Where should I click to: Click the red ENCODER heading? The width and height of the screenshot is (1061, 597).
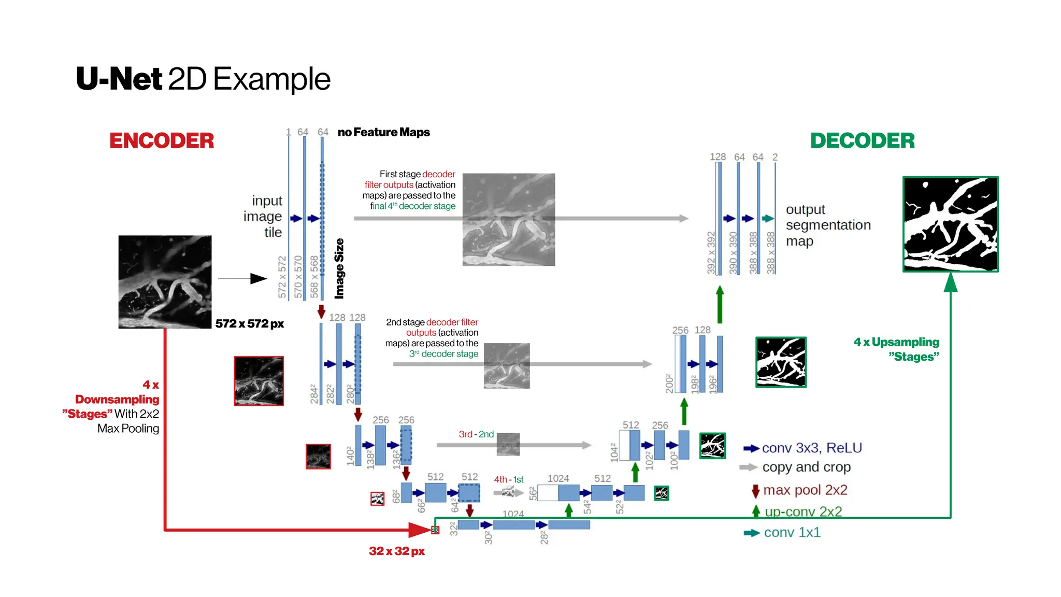[161, 140]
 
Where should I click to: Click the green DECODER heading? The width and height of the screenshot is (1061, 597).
[862, 140]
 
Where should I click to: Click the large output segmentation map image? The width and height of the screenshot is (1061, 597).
[950, 224]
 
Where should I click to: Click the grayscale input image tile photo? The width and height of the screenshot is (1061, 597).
[165, 282]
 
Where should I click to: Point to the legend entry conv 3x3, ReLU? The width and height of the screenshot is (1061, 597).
[811, 448]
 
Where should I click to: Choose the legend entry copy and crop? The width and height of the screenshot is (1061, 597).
[806, 467]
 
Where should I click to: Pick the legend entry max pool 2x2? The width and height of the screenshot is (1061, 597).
[805, 490]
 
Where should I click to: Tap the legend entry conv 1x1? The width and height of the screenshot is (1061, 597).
[792, 532]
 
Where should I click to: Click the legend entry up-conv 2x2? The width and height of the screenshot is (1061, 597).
[803, 511]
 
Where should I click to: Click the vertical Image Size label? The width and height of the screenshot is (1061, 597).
[339, 268]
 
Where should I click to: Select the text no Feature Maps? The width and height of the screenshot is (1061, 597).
[383, 132]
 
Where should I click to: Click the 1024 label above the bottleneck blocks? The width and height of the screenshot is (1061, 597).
[513, 514]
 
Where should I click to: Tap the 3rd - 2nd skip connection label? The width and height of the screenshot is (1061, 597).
[476, 434]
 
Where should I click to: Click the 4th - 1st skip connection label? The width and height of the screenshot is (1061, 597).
[508, 479]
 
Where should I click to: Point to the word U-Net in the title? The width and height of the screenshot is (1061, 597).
[119, 79]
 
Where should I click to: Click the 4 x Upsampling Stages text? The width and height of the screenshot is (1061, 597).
[896, 349]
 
